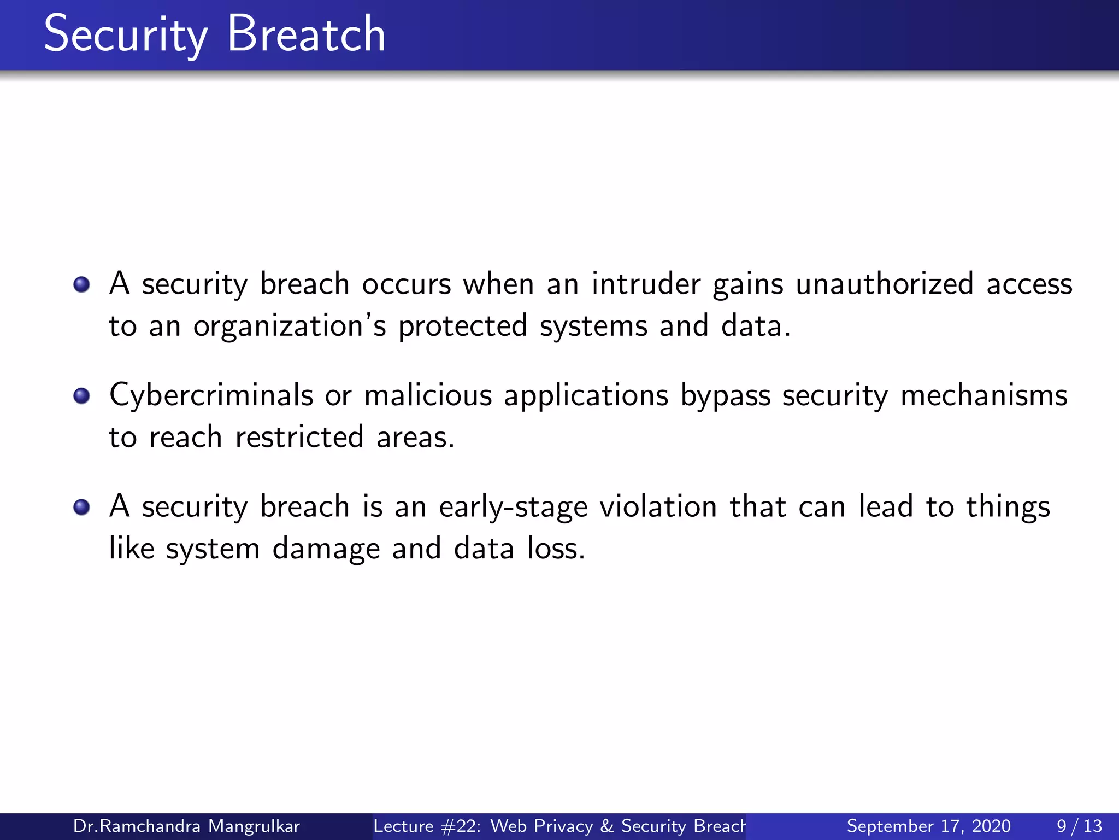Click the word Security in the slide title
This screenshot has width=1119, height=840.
(x=126, y=35)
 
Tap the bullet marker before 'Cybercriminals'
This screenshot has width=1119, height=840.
(x=81, y=395)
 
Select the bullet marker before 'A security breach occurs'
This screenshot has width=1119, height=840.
(x=81, y=284)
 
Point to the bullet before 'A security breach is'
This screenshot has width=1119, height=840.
(x=81, y=507)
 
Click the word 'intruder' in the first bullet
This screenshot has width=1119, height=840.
(x=646, y=284)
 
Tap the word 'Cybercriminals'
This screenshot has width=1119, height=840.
(x=211, y=395)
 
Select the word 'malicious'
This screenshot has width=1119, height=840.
(x=428, y=395)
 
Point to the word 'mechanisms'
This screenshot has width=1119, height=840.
(x=983, y=395)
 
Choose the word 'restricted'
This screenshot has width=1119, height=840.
(x=299, y=437)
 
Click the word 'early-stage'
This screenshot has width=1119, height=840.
(x=513, y=507)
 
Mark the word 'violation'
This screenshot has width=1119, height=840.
(x=658, y=506)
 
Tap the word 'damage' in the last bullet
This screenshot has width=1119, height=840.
(x=326, y=549)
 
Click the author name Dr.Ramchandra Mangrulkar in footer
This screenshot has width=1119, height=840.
(x=186, y=826)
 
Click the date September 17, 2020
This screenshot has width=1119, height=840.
(x=928, y=826)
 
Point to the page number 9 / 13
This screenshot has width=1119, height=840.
(x=1079, y=826)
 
